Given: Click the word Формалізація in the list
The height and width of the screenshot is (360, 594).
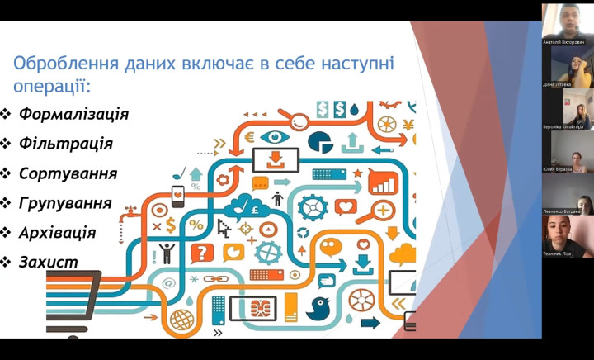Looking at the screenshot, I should [73, 113].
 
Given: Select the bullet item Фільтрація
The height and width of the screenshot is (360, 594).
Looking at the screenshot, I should [65, 143].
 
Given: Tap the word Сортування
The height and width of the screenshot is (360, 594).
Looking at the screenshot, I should [68, 173].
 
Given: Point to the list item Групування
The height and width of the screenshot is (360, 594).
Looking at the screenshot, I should [65, 203].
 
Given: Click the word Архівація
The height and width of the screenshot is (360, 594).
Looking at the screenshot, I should [58, 233].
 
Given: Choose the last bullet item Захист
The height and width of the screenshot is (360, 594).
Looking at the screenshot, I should [49, 263].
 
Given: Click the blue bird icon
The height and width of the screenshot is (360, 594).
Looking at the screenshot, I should [318, 307].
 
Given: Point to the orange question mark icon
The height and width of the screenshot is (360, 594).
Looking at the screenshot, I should [200, 253].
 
